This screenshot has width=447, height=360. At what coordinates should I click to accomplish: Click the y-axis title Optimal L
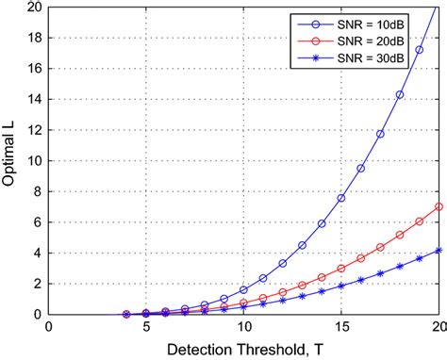coord(11,159)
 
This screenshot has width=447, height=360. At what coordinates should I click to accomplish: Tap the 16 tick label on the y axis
coord(33,68)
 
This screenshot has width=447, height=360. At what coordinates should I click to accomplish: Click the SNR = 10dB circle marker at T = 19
coord(420,50)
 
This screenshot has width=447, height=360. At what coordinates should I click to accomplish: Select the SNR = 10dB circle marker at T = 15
coord(341,198)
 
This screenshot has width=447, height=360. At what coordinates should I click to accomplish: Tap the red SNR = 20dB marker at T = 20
coord(439,206)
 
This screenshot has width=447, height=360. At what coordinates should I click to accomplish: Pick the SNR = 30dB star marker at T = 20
coord(439,250)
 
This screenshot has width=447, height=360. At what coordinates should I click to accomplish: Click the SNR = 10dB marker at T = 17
coord(380,134)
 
